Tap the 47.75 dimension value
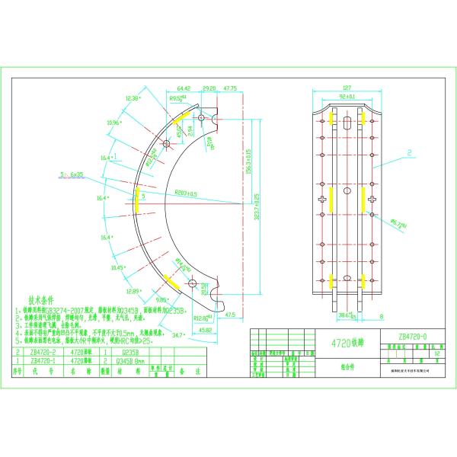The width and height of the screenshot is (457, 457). (230, 88)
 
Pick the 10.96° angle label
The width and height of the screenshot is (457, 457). (115, 122)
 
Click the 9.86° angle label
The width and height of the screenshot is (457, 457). (161, 301)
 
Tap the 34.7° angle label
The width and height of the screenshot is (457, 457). (179, 334)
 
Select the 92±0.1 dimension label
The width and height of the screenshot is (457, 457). (347, 97)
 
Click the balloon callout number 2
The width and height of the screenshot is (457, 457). (409, 152)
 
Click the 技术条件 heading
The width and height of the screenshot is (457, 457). (44, 301)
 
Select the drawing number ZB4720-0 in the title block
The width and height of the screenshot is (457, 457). (413, 335)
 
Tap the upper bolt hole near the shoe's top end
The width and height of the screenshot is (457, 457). (201, 118)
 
